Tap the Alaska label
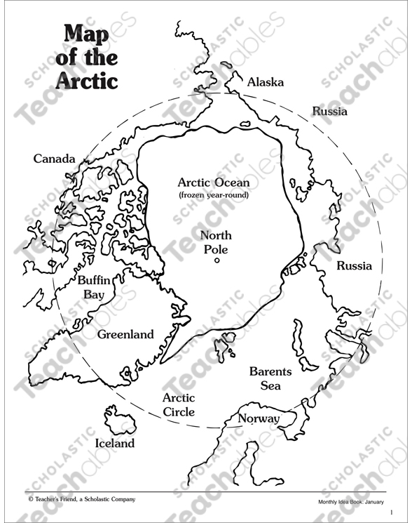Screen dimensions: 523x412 click(266, 82)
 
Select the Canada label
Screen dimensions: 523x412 click(54, 159)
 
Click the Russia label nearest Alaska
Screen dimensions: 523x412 click(329, 111)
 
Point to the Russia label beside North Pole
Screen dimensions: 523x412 click(354, 266)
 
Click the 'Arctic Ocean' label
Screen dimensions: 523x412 click(213, 183)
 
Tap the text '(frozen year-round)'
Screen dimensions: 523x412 click(213, 195)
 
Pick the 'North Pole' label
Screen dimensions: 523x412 click(216, 242)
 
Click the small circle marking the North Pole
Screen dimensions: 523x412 click(217, 260)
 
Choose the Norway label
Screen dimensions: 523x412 click(259, 419)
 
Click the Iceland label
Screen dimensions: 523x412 click(114, 443)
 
